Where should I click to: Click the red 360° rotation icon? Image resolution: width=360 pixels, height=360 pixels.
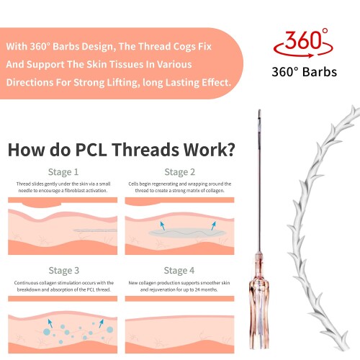tap(304, 43)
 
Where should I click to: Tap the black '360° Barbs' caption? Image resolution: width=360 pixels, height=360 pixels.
tap(305, 72)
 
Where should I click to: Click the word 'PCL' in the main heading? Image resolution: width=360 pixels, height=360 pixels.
tap(91, 150)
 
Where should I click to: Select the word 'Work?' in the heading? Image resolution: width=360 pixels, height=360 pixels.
tap(210, 150)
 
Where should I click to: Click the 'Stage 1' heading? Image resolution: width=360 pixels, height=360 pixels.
tap(63, 172)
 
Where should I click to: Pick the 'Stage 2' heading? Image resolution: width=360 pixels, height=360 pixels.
tap(180, 172)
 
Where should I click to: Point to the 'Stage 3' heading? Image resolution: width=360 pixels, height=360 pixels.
tap(64, 271)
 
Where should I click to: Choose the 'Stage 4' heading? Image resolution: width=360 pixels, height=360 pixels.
tap(179, 271)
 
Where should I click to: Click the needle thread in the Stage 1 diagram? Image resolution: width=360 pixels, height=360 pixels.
tap(95, 230)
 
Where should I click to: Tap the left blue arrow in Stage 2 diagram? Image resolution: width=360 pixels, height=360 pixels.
tap(163, 225)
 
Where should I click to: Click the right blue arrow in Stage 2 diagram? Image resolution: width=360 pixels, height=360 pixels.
tap(213, 225)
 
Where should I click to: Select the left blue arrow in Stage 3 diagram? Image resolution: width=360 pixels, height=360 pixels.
tap(50, 323)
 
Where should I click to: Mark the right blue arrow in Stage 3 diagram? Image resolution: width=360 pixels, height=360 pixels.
tap(102, 323)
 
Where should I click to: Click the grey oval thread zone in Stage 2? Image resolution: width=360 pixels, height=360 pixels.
tap(187, 233)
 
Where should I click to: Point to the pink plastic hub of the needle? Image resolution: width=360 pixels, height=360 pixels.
tap(259, 300)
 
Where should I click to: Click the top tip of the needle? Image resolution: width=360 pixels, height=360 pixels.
tap(259, 110)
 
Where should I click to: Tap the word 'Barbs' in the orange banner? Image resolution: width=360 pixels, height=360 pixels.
tap(66, 46)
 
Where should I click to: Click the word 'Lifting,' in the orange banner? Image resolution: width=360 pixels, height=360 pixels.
tap(122, 83)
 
